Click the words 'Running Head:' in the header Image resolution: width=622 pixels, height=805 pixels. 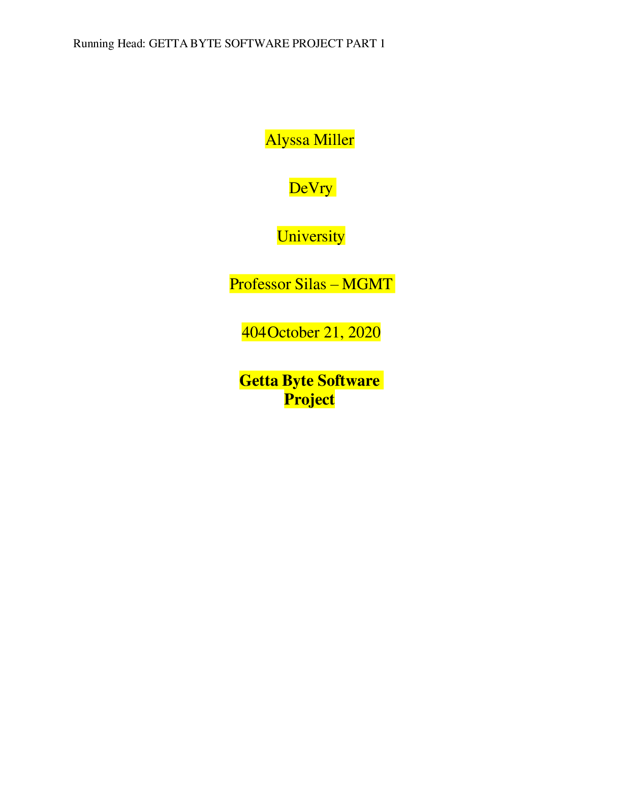click(109, 44)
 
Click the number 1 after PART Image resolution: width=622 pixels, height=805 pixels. click(382, 43)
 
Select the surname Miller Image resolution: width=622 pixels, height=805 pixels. click(334, 139)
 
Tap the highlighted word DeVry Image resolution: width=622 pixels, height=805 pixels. click(311, 188)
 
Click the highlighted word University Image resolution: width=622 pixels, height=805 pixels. click(311, 236)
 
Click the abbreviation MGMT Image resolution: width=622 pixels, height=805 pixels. click(367, 284)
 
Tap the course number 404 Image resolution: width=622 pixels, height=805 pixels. click(254, 332)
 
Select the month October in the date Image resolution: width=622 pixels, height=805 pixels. click(293, 332)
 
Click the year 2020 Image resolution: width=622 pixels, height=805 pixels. click(364, 332)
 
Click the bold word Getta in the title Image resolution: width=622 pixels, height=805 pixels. click(259, 380)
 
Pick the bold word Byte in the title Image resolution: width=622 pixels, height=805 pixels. click(298, 381)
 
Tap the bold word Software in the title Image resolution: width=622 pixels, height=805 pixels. click(348, 380)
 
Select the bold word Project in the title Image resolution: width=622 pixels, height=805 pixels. click(309, 399)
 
